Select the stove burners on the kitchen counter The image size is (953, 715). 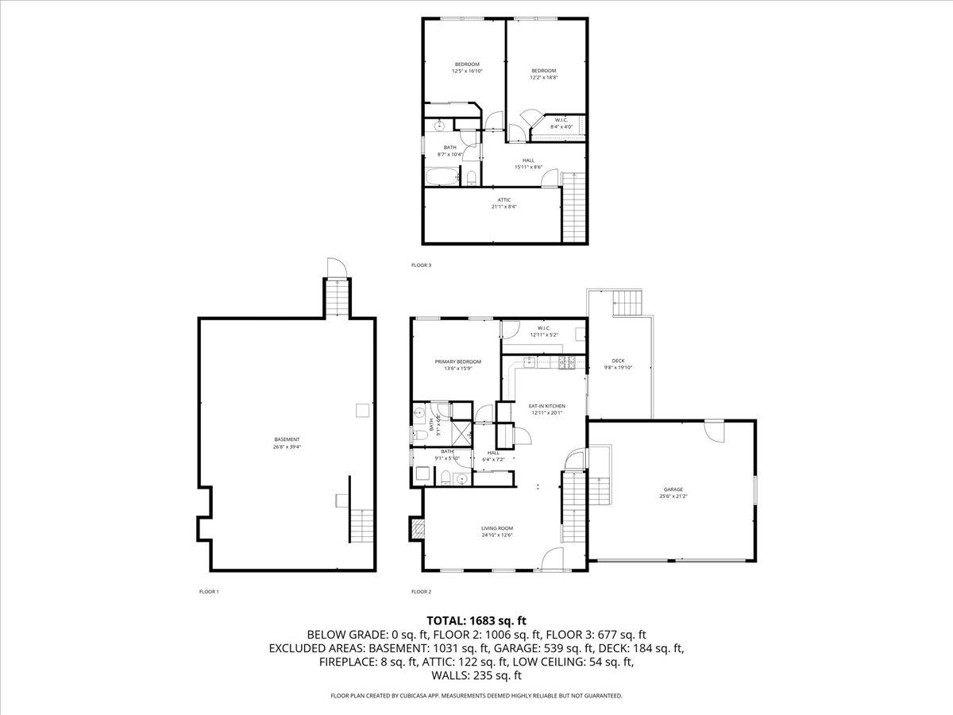[x=567, y=363]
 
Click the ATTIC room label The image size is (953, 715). [x=504, y=199]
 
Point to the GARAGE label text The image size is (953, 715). [x=673, y=489]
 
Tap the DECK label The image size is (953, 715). [x=618, y=361]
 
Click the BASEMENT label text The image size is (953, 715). [x=287, y=439]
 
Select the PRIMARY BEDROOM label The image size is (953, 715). [x=457, y=361]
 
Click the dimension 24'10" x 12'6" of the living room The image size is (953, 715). [x=497, y=535]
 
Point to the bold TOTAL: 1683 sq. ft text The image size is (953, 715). [x=476, y=620]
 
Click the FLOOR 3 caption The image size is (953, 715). [x=421, y=265]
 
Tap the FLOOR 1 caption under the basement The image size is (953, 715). [x=209, y=592]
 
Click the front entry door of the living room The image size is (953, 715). [x=551, y=561]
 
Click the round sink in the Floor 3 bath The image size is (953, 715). [x=439, y=126]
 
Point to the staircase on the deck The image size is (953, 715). [x=627, y=303]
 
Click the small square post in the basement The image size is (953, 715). [x=362, y=410]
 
